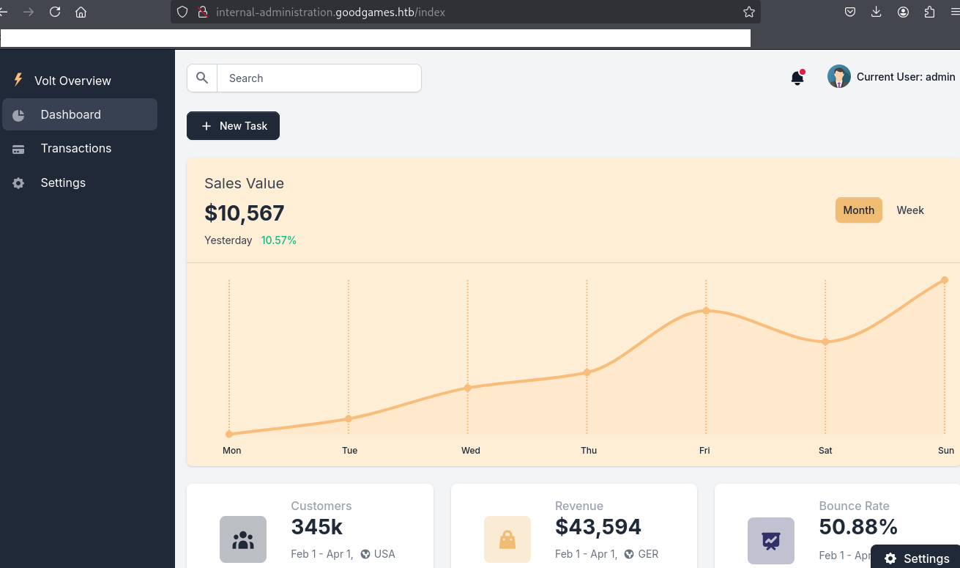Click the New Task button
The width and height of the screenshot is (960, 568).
pos(233,126)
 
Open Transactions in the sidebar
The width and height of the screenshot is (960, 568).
pos(76,148)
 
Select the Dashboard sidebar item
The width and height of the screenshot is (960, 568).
pos(71,114)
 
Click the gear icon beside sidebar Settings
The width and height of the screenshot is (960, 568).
pos(18,183)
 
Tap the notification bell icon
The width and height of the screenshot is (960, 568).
pos(797,78)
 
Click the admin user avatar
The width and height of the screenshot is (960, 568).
pos(838,76)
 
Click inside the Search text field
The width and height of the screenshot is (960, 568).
pos(319,78)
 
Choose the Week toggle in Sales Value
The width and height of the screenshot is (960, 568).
pos(910,210)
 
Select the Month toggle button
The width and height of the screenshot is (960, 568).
pos(858,210)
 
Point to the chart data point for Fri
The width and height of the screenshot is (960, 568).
pos(706,311)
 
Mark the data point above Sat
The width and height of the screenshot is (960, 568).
pos(825,342)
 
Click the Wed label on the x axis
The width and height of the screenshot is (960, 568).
pos(471,450)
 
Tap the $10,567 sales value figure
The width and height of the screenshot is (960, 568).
pos(245,213)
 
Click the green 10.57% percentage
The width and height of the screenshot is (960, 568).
pos(279,240)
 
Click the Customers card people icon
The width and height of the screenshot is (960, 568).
pos(242,540)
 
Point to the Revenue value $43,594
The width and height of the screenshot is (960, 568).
pos(598,527)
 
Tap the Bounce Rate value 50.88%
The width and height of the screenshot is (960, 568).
pos(858,527)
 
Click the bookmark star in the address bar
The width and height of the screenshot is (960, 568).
pos(748,12)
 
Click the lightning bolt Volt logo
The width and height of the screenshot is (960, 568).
pos(18,80)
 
